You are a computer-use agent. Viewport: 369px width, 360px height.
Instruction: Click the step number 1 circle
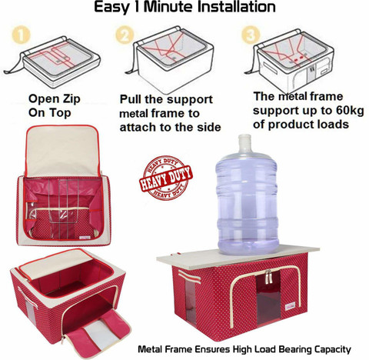click(21, 35)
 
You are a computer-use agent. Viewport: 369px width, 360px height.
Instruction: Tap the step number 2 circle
click(125, 35)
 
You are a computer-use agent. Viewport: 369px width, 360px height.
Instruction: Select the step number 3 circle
click(251, 35)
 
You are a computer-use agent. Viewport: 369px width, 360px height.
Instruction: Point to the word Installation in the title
click(237, 7)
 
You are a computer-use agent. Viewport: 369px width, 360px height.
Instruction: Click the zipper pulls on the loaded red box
click(268, 277)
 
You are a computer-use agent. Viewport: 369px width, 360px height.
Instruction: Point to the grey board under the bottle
click(238, 255)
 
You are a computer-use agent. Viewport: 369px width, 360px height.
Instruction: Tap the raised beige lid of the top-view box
click(63, 151)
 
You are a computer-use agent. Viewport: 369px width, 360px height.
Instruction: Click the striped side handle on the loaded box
click(190, 277)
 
